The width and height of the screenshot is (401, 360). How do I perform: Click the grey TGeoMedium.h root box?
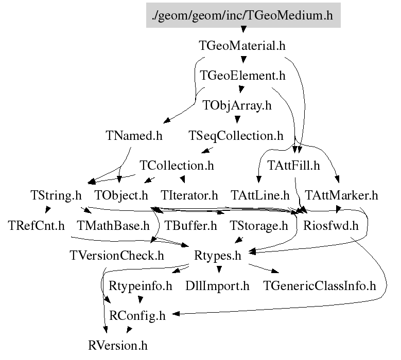[242, 15]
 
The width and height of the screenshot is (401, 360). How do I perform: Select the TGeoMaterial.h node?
[242, 45]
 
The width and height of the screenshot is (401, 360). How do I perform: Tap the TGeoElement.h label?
[242, 76]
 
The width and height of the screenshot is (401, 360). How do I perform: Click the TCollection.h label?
[177, 166]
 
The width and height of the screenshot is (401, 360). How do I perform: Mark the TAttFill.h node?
[294, 166]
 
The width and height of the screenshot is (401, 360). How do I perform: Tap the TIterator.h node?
[189, 195]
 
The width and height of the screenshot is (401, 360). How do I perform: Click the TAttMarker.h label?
[341, 195]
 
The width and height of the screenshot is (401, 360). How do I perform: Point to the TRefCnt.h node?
[36, 225]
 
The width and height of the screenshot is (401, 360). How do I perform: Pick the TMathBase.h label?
[113, 225]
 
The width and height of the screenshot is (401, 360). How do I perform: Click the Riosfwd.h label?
[330, 225]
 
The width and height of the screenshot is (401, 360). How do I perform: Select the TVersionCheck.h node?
[116, 255]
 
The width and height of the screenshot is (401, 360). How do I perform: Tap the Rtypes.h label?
[217, 255]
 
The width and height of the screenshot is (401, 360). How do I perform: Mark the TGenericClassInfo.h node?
[319, 285]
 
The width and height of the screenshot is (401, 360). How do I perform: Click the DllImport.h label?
[217, 285]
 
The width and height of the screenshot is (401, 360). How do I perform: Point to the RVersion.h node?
[121, 345]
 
